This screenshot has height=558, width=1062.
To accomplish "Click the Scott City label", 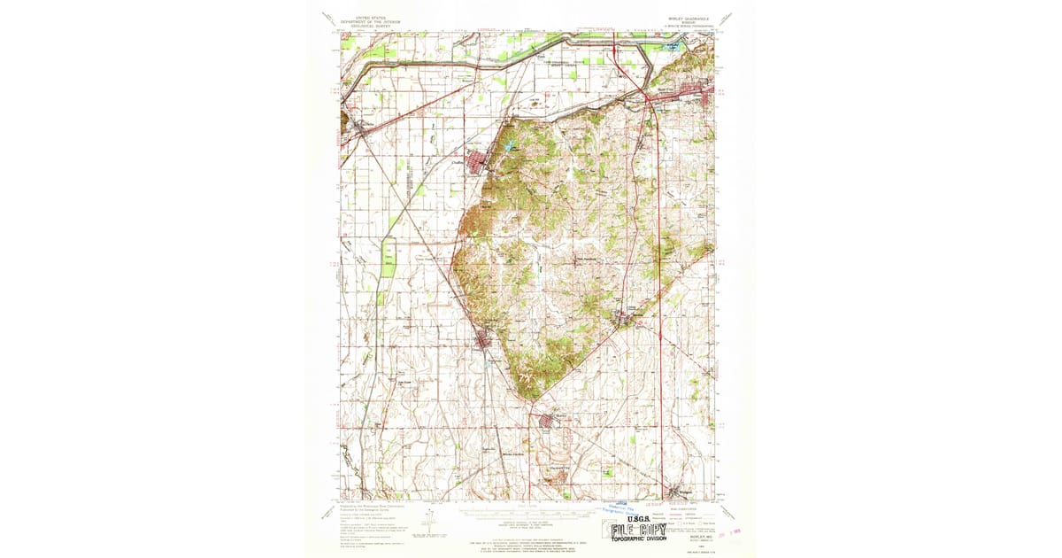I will (x=665, y=89).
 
